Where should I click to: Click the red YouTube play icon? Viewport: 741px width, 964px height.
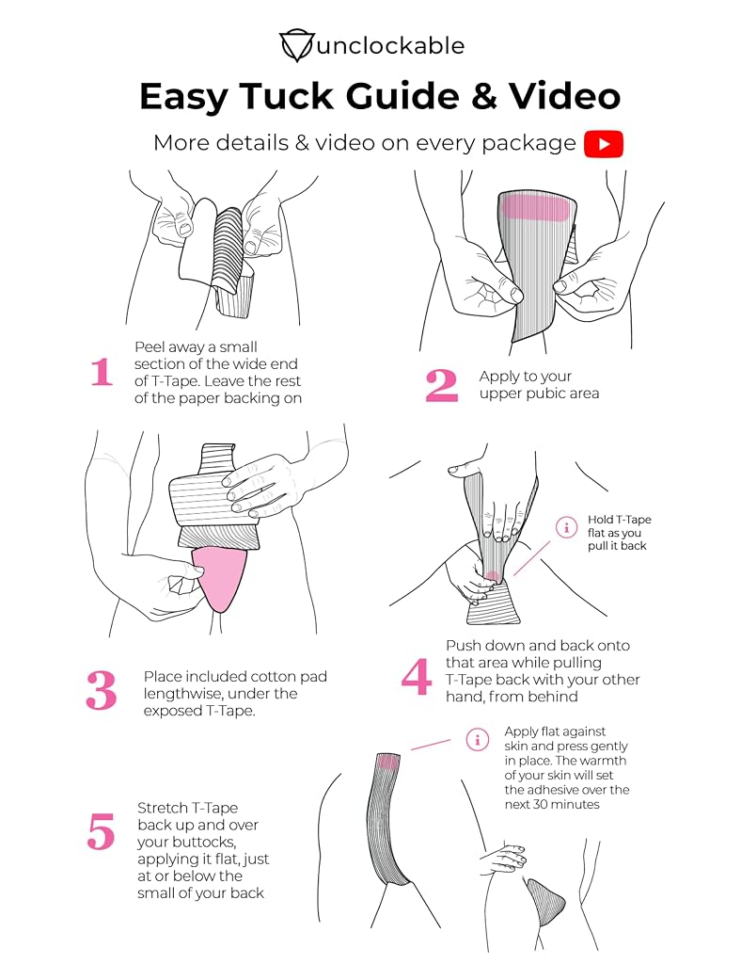pyautogui.click(x=603, y=144)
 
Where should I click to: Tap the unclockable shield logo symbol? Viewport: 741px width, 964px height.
pyautogui.click(x=297, y=45)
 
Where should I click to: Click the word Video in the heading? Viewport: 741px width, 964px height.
pyautogui.click(x=565, y=96)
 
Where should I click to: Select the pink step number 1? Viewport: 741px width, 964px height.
pyautogui.click(x=102, y=372)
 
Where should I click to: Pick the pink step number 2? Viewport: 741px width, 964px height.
pyautogui.click(x=442, y=385)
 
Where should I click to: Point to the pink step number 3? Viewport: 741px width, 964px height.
pyautogui.click(x=102, y=690)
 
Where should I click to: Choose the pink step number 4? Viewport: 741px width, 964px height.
pyautogui.click(x=417, y=676)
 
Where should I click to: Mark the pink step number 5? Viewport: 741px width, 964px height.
pyautogui.click(x=101, y=832)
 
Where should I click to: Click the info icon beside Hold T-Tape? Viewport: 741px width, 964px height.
pyautogui.click(x=566, y=527)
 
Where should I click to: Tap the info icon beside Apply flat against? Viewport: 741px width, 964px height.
pyautogui.click(x=478, y=739)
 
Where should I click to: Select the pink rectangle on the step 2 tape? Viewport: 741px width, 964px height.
pyautogui.click(x=535, y=207)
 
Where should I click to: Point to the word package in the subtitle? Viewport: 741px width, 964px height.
pyautogui.click(x=528, y=143)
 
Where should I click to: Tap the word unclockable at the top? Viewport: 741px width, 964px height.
pyautogui.click(x=391, y=45)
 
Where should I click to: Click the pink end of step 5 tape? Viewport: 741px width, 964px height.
pyautogui.click(x=388, y=762)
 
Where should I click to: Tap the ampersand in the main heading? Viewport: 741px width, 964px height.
pyautogui.click(x=485, y=96)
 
